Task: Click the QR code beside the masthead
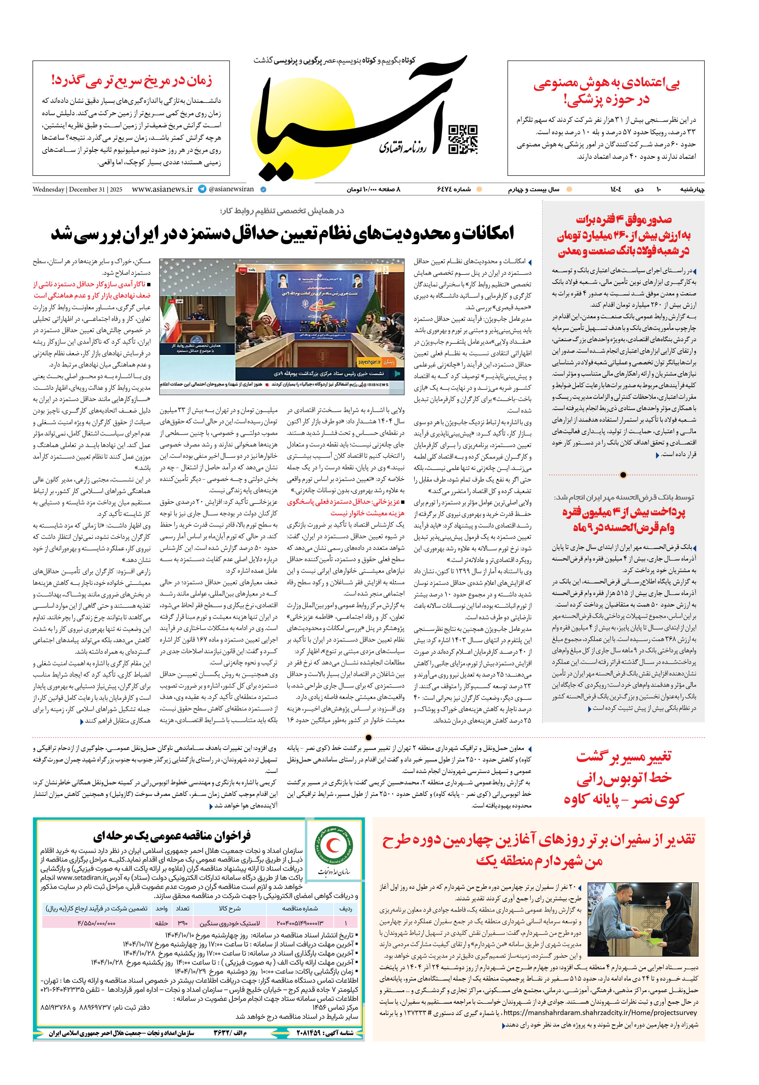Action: tap(462, 139)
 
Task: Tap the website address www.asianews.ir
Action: tap(162, 189)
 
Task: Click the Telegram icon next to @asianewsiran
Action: tap(202, 189)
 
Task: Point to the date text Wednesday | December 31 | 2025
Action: tap(77, 190)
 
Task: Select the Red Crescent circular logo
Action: tap(334, 847)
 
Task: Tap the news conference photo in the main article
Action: tap(282, 326)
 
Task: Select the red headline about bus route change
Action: tap(624, 778)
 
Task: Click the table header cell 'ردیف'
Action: tap(345, 908)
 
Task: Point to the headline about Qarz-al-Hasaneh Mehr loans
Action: tap(624, 520)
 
